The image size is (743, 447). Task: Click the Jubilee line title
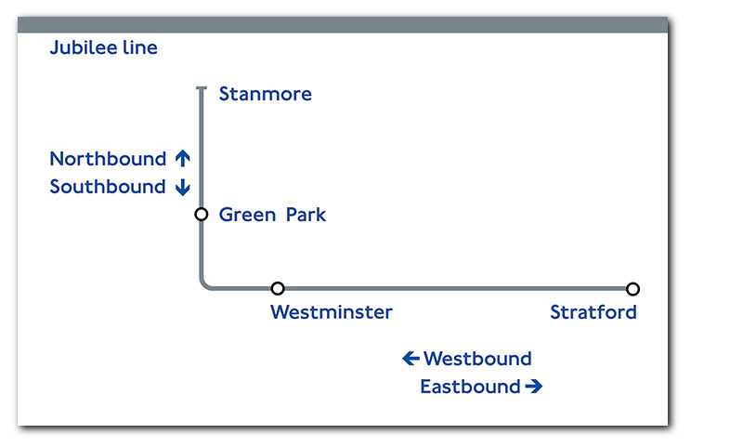coord(103,48)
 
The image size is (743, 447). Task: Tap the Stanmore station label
coord(266,94)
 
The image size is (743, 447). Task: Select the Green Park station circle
coord(202,215)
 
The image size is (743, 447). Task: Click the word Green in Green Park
coord(247,215)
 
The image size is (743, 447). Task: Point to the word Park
coord(306,215)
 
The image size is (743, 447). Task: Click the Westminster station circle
coord(278,288)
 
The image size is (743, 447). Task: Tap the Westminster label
coord(332,312)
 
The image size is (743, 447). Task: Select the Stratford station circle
coord(632,289)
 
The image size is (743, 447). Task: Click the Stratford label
coord(593,312)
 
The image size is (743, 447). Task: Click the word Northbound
coord(108,159)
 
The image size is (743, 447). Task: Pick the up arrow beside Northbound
coord(183,158)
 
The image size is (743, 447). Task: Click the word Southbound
coord(108,187)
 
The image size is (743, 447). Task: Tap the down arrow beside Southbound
coord(183,188)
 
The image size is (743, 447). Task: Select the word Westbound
coord(477,359)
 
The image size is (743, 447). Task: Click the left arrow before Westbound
coord(411,359)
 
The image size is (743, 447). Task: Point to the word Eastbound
coord(471,387)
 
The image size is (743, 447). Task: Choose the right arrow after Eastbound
coord(534,387)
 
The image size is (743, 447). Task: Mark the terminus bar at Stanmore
coord(202,88)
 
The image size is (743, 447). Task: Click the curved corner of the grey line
coord(203,285)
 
